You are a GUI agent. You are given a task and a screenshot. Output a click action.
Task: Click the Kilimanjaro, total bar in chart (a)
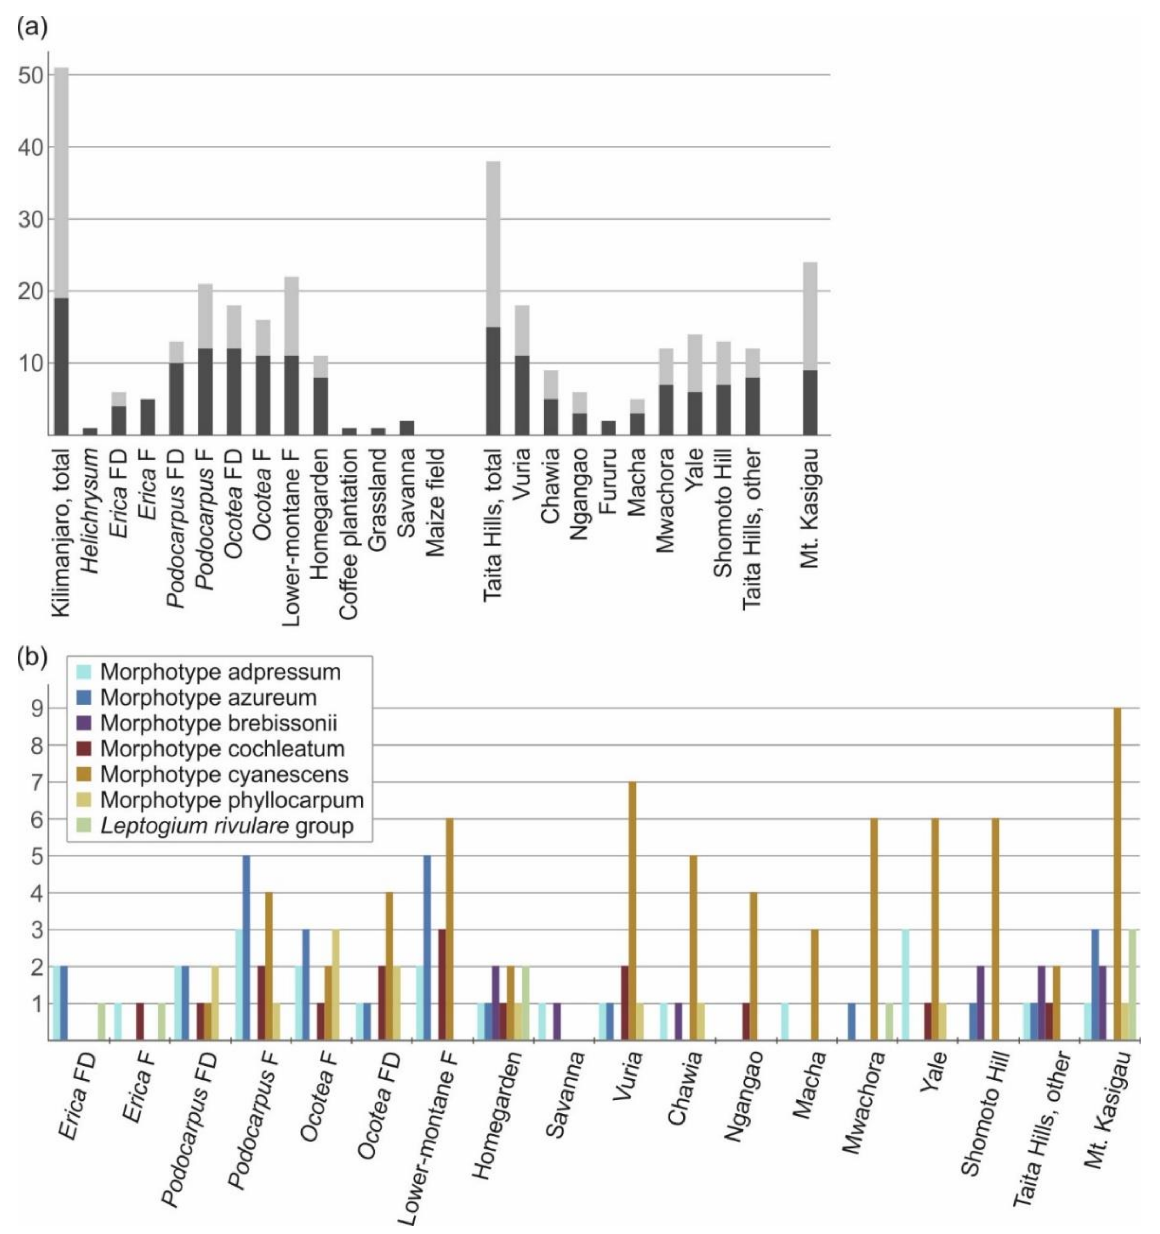(61, 248)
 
